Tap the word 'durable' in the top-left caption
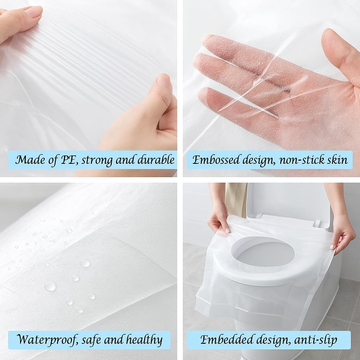coord(156,160)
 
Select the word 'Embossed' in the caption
coord(216,160)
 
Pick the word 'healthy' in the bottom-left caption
coord(144,340)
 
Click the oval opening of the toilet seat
coord(262,251)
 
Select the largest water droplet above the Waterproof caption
coord(50,286)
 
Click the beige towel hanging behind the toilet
coord(236,200)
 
